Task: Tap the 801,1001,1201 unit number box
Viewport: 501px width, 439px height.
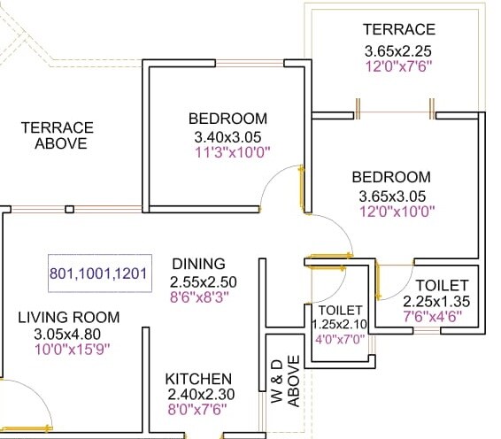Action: tap(98, 272)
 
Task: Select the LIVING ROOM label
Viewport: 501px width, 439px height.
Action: tap(69, 318)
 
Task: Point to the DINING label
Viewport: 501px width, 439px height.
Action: tap(198, 264)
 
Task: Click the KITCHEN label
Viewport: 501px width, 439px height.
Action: tap(199, 379)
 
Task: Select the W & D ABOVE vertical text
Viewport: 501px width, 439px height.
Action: tap(284, 383)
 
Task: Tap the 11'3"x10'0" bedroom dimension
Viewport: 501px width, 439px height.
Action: tap(227, 153)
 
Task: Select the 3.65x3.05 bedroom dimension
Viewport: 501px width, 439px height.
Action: tap(391, 196)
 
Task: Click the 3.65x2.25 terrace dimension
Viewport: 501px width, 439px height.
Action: tap(399, 50)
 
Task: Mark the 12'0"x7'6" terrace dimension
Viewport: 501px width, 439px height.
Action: tap(399, 66)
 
